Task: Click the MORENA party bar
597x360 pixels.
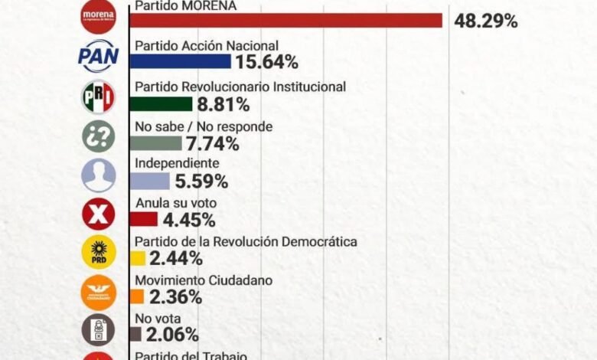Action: point(287,20)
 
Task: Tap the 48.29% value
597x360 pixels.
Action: point(485,21)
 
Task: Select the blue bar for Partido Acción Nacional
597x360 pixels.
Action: point(181,62)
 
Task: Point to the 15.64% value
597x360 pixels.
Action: point(267,62)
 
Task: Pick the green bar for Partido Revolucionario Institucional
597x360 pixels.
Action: point(161,103)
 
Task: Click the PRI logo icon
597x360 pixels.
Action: point(98,97)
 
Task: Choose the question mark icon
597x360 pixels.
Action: point(98,136)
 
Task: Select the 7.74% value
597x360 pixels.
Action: point(211,143)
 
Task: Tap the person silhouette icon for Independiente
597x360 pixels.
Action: point(98,175)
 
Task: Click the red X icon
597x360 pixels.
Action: point(98,214)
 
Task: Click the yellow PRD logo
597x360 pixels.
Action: point(98,252)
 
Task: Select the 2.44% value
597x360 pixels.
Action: point(175,258)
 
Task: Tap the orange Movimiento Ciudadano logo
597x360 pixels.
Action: point(98,292)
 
